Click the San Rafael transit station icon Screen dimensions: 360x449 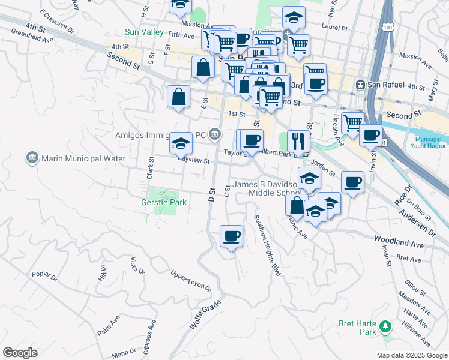click(x=361, y=85)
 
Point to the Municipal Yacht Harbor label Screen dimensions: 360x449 click(x=429, y=141)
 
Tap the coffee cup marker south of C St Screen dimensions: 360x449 click(x=231, y=236)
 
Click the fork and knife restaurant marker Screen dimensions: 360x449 click(x=298, y=141)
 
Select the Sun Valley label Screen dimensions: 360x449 click(x=140, y=32)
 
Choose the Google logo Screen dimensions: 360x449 click(x=20, y=352)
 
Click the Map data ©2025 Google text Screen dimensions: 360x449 click(x=411, y=355)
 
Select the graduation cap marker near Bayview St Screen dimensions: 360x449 click(x=181, y=143)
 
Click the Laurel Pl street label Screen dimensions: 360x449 click(x=334, y=28)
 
